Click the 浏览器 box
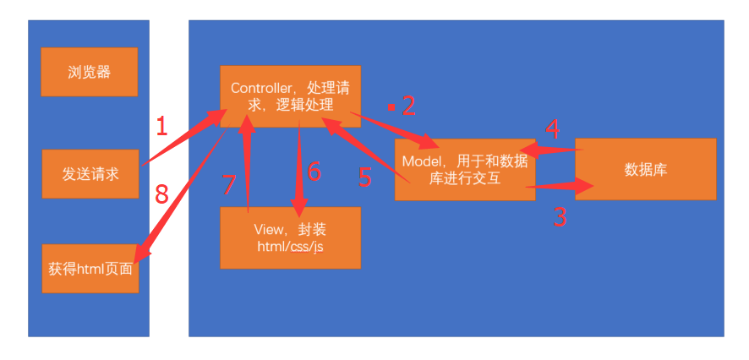tap(89, 72)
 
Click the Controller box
tap(290, 95)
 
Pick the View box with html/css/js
tap(290, 237)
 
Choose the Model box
tap(464, 169)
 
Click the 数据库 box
tap(645, 169)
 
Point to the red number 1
tap(162, 127)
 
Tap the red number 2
tap(409, 106)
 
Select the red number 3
tap(560, 218)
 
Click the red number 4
tap(553, 129)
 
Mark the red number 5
tap(365, 177)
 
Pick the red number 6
tap(314, 172)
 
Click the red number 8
tap(161, 195)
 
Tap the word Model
tap(422, 161)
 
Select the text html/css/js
tap(290, 246)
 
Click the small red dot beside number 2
tap(391, 107)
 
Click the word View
tap(267, 229)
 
